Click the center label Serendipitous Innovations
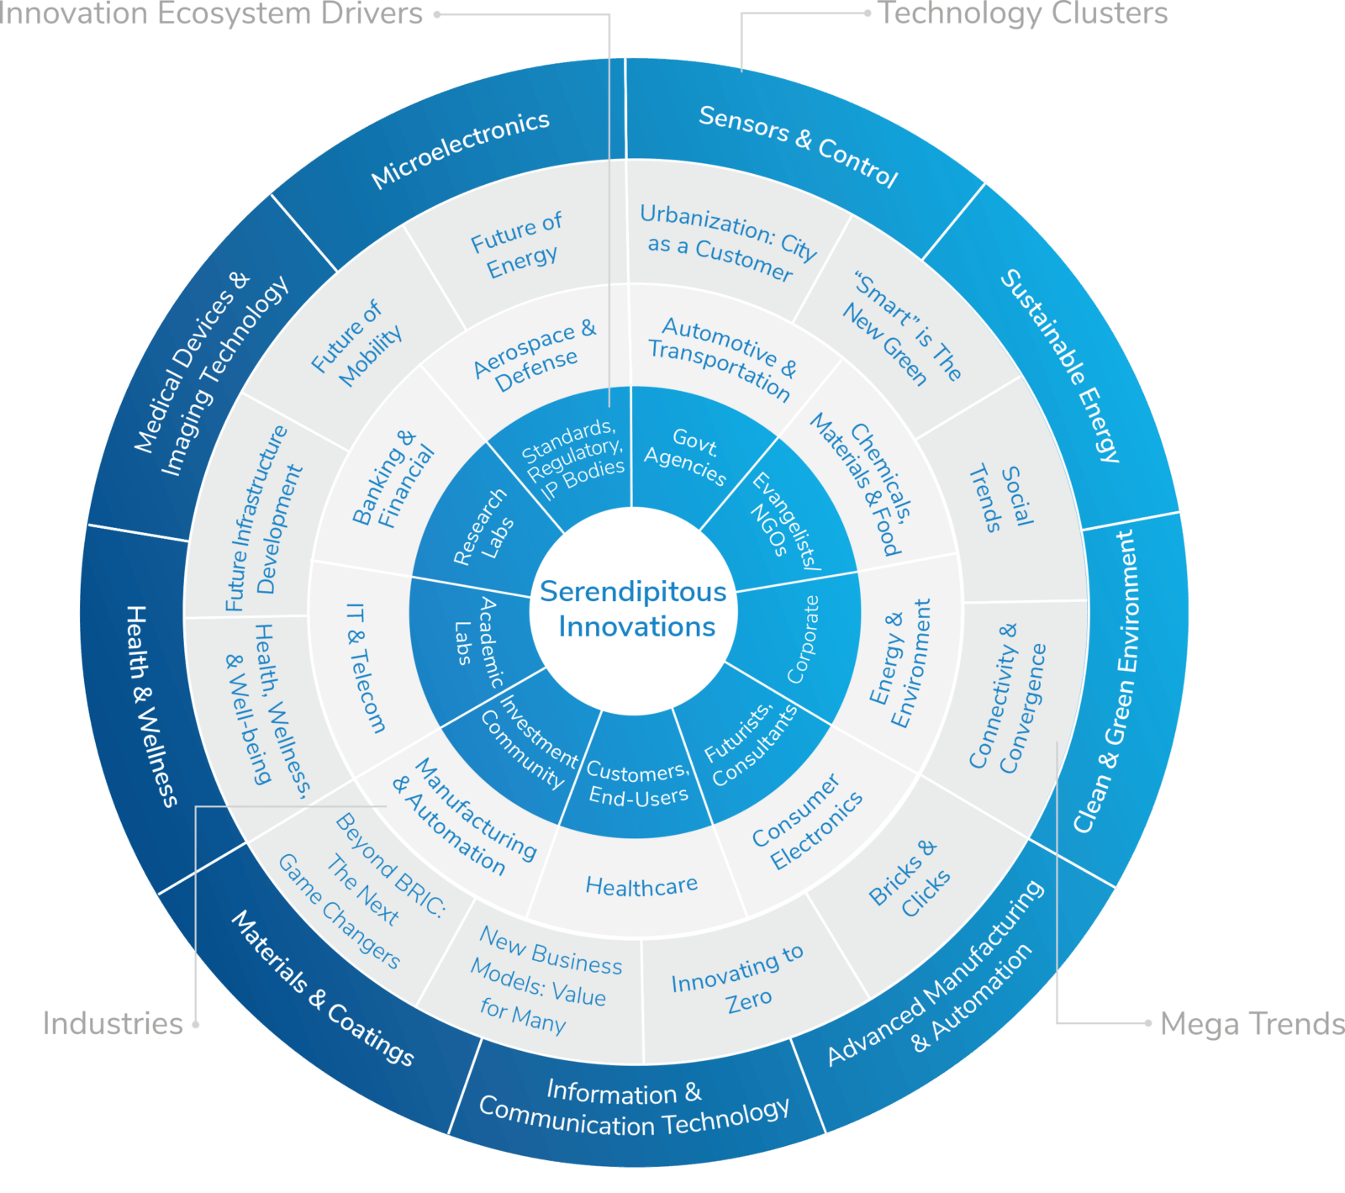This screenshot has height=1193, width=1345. (633, 609)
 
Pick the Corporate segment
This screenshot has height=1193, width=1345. (803, 639)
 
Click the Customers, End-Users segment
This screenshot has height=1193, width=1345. (638, 784)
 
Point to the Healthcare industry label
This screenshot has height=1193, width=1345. (641, 885)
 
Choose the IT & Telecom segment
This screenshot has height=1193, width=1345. (367, 668)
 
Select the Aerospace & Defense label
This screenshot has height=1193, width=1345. (535, 355)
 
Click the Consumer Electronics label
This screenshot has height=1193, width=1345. (806, 822)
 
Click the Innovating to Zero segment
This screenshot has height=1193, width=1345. (738, 979)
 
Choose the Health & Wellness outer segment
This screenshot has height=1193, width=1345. (151, 706)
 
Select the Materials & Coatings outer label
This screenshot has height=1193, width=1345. (323, 989)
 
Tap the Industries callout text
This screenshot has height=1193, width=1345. (113, 1024)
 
